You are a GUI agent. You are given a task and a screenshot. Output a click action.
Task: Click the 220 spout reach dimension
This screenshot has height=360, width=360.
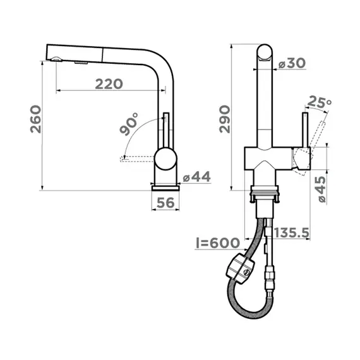point(109,84)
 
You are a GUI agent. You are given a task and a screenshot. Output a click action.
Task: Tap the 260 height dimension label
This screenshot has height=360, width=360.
point(36,119)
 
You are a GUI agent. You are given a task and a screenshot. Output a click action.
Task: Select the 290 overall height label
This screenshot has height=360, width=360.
point(225,119)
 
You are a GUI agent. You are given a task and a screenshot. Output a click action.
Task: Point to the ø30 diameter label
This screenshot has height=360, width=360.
point(292,63)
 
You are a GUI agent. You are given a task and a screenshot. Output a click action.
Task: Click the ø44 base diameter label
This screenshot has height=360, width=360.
point(197,177)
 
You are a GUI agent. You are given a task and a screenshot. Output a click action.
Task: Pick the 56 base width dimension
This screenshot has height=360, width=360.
point(165,203)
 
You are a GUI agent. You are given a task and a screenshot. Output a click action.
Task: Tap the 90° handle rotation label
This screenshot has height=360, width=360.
point(129,124)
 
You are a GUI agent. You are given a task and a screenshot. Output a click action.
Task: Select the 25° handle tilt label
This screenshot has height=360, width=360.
point(320,102)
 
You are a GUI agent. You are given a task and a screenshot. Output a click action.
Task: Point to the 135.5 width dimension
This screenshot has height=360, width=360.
point(292,233)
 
